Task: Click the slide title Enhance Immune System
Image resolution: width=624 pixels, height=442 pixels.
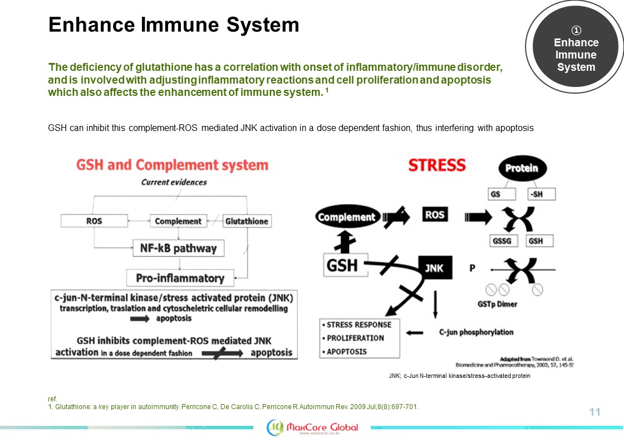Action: (x=174, y=25)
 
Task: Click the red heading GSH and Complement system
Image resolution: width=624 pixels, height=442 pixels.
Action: (x=172, y=165)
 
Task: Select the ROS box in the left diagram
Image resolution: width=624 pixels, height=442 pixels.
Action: (x=94, y=221)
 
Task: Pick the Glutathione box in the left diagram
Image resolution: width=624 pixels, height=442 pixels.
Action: (x=247, y=221)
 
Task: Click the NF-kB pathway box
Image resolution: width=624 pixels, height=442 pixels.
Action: (x=179, y=248)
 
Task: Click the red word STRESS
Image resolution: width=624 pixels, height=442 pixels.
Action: (x=437, y=165)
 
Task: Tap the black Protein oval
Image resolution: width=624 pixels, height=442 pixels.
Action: (x=522, y=168)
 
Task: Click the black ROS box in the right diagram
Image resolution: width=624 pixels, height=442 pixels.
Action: (x=435, y=215)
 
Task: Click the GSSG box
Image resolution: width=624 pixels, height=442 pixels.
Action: (x=503, y=241)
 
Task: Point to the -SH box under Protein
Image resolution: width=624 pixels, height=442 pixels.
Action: (x=541, y=194)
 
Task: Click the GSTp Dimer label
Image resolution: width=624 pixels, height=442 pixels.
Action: (x=498, y=304)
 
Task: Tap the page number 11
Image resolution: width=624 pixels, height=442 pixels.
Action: (x=594, y=412)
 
